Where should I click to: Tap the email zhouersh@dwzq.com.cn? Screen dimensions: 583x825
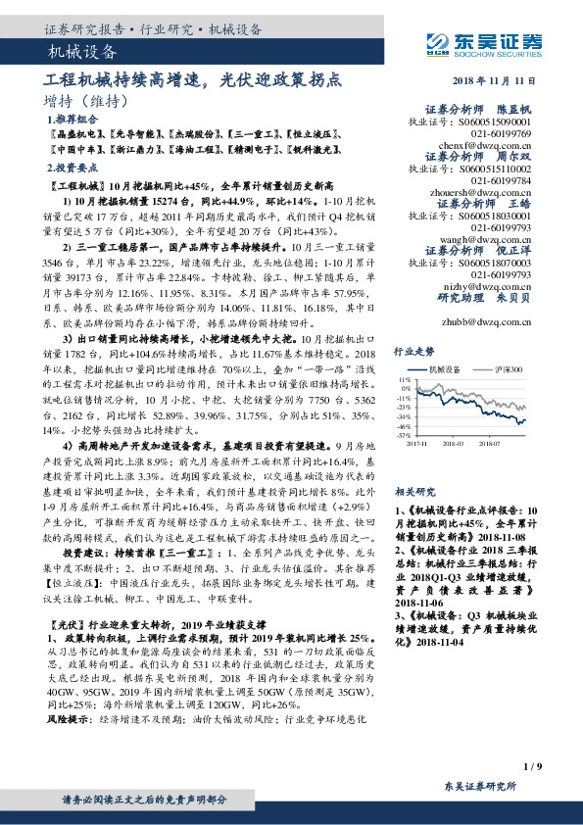(x=489, y=192)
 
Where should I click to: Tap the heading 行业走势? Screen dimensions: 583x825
(x=413, y=350)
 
